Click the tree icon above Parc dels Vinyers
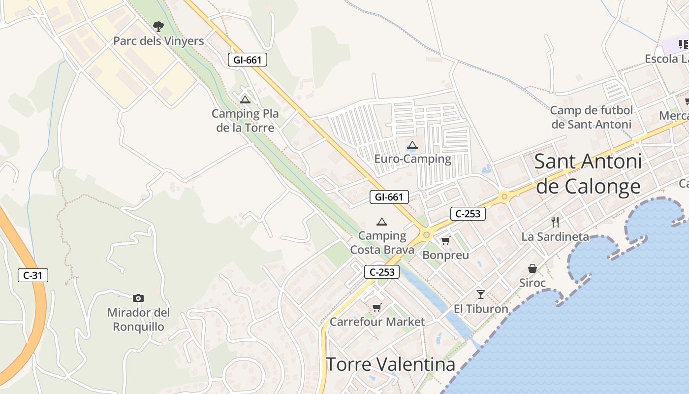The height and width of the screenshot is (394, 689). coord(158,26)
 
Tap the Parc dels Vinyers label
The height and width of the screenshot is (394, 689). coord(158,41)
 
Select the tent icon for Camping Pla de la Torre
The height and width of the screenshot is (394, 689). coord(245,99)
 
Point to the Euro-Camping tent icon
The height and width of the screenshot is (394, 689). coord(412,145)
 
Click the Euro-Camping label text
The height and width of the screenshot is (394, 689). coord(412,159)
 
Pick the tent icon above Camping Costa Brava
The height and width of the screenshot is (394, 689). coord(381,222)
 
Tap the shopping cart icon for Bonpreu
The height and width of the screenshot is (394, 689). coord(445,241)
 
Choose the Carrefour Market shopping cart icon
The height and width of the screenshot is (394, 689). coord(376,308)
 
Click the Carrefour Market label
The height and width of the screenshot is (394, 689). coord(377,322)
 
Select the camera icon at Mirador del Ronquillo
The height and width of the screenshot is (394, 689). coord(138,298)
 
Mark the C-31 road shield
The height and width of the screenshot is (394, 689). coord(33,275)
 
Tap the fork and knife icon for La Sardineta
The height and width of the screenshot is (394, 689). coord(555,222)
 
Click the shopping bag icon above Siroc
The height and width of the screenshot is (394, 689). coord(532,268)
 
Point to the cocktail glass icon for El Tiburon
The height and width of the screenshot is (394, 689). coord(481,295)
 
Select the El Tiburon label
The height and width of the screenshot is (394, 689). coord(481,309)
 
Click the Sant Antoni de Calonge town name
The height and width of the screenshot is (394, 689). coord(588,174)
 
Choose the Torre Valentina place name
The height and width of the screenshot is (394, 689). coord(390,364)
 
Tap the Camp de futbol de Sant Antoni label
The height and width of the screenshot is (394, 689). coord(591,117)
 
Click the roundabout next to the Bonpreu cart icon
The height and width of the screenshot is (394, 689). coord(426,235)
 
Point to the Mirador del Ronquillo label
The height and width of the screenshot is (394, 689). coord(139,319)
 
